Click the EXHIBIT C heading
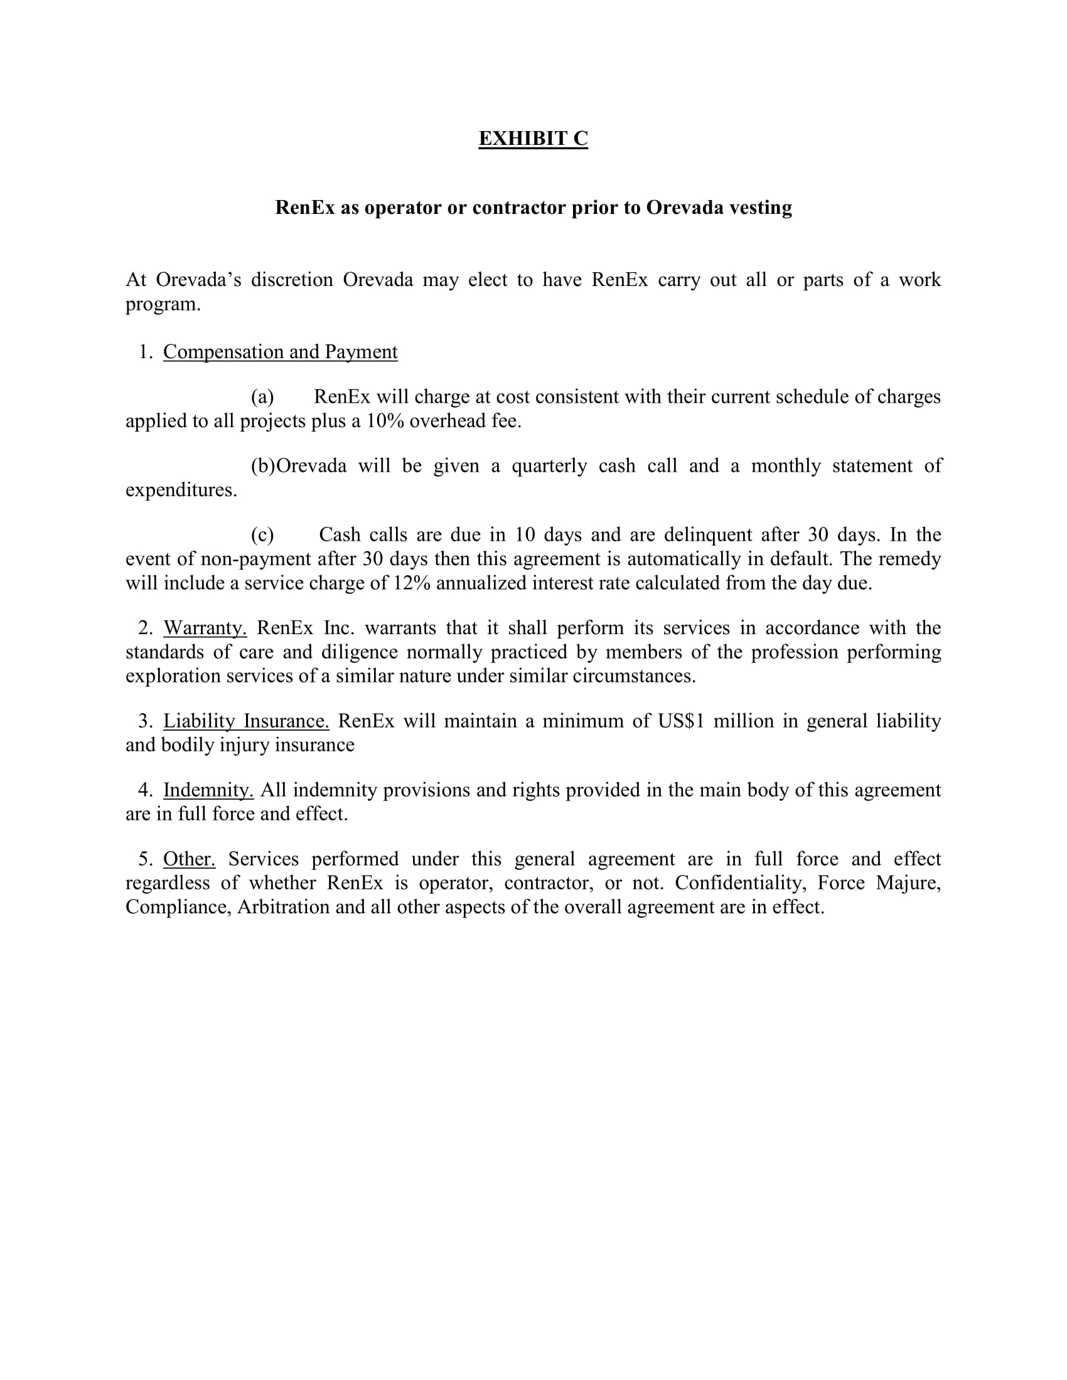pyautogui.click(x=533, y=139)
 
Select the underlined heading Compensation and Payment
pyautogui.click(x=280, y=351)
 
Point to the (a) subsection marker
pyautogui.click(x=262, y=397)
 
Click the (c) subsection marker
pyautogui.click(x=262, y=534)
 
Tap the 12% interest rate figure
pyautogui.click(x=412, y=583)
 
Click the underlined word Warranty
pyautogui.click(x=205, y=627)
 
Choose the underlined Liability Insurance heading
pyautogui.click(x=246, y=721)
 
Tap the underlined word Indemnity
pyautogui.click(x=208, y=790)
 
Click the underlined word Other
pyautogui.click(x=189, y=859)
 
